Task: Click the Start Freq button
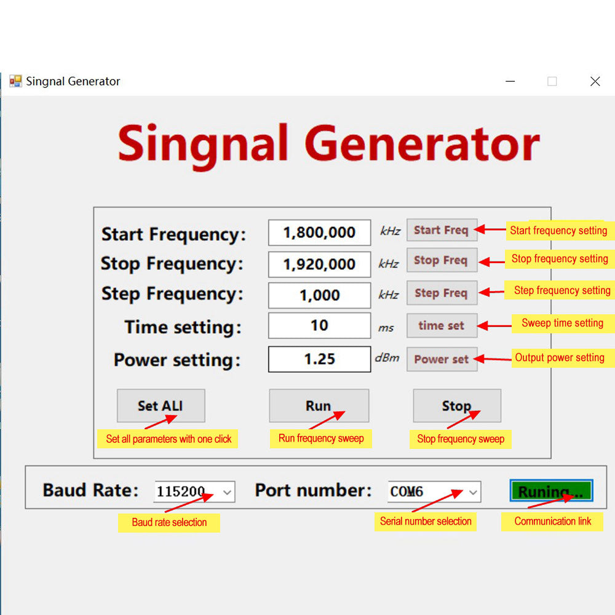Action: click(x=442, y=230)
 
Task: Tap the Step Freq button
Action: click(x=442, y=293)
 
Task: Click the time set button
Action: click(x=442, y=325)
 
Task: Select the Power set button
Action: click(x=442, y=359)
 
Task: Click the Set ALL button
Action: click(x=161, y=405)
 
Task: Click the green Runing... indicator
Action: click(x=551, y=491)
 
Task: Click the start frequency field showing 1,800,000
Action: click(x=319, y=232)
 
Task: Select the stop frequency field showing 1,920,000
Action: click(x=319, y=264)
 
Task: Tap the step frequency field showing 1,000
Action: click(x=319, y=295)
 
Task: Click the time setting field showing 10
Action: click(x=319, y=325)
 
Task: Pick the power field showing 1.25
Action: click(x=319, y=359)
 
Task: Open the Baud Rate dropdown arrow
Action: click(x=227, y=492)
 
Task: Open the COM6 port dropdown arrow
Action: click(x=473, y=492)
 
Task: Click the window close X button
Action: click(x=595, y=81)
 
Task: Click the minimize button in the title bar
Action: click(x=510, y=81)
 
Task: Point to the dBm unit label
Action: click(x=387, y=358)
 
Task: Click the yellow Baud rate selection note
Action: click(x=169, y=522)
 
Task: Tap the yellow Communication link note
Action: click(x=552, y=522)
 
